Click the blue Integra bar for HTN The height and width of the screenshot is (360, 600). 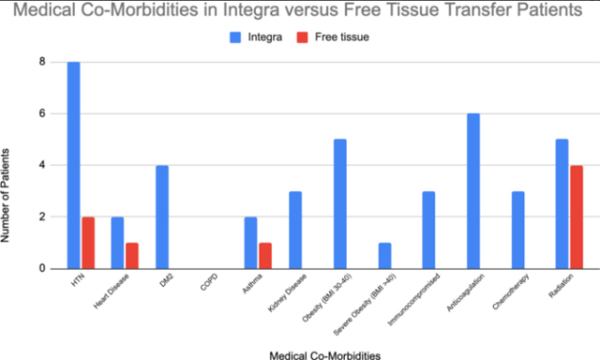(73, 165)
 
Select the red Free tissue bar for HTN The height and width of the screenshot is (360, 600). (88, 242)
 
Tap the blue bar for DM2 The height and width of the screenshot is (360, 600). (162, 217)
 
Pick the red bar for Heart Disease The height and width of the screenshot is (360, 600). (132, 255)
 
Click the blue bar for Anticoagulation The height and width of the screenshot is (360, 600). (473, 190)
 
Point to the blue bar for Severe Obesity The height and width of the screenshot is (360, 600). (384, 255)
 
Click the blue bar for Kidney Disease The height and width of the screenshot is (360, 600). (295, 230)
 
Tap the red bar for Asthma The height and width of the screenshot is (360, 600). (266, 255)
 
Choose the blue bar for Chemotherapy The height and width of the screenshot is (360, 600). (518, 230)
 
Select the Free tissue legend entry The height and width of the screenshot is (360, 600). (332, 37)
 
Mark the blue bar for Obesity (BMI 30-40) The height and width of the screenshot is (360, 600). (340, 203)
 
